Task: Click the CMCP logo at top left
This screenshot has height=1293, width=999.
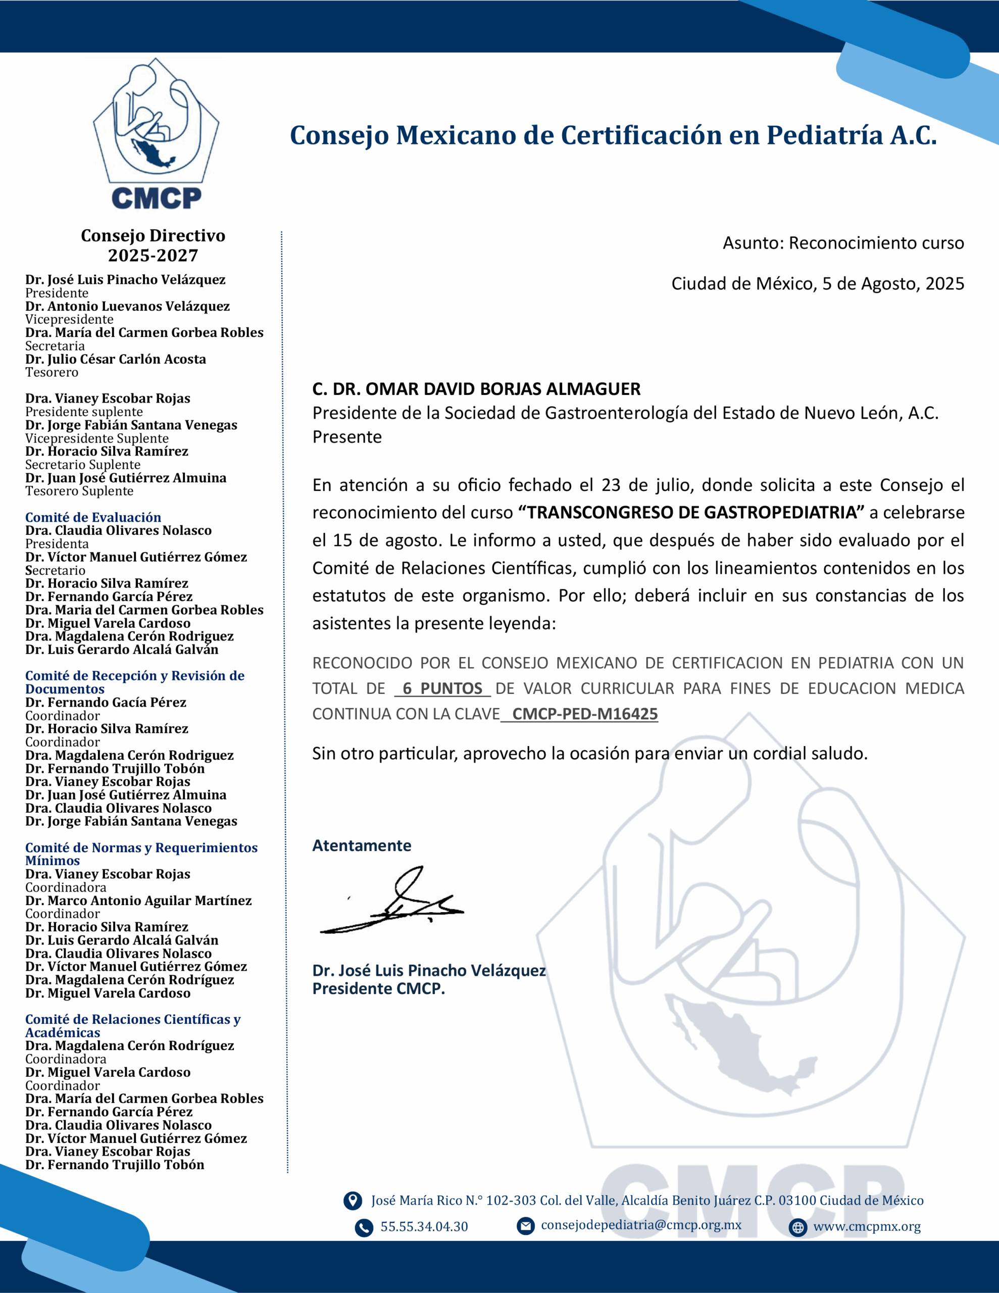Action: (x=156, y=134)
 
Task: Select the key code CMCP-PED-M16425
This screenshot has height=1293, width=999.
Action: (x=584, y=714)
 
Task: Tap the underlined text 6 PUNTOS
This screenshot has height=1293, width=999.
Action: (x=442, y=688)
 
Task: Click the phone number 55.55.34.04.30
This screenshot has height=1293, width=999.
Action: (x=424, y=1227)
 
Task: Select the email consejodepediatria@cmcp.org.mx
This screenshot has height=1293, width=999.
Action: (x=641, y=1225)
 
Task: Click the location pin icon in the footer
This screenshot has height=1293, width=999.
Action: (x=353, y=1201)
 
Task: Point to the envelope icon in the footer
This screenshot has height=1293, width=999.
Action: (x=525, y=1225)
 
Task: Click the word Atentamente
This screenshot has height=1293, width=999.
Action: (x=361, y=846)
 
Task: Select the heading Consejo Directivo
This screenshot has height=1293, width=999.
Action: (x=153, y=236)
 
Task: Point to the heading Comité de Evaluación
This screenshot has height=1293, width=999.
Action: (x=93, y=517)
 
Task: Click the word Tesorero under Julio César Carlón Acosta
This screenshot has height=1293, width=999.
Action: (x=52, y=372)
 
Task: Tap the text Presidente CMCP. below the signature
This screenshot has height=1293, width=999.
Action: (x=378, y=989)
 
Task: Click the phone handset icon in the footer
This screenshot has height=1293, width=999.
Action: (x=364, y=1228)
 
